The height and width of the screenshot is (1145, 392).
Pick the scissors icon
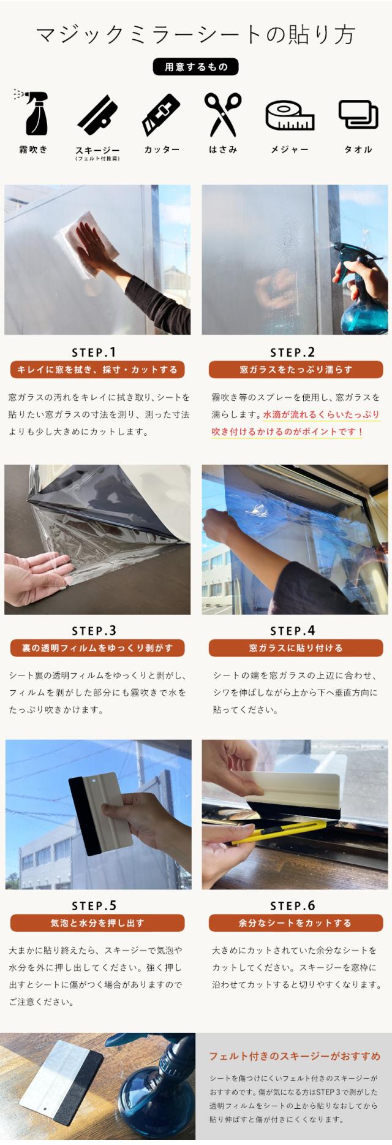click(x=222, y=115)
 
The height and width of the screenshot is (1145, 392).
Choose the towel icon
click(x=358, y=115)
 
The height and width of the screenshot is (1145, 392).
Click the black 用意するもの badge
click(x=195, y=67)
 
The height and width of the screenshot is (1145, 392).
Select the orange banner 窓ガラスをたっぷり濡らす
click(x=296, y=370)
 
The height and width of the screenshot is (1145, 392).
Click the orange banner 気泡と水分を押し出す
click(x=97, y=923)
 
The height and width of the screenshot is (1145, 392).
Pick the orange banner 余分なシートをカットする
click(x=296, y=923)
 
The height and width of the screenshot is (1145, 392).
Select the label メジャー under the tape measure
click(x=290, y=150)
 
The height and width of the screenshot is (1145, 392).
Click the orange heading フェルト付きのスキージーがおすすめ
click(x=295, y=1056)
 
